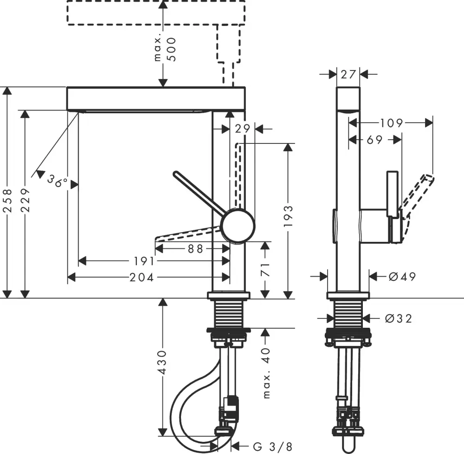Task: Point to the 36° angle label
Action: [58, 182]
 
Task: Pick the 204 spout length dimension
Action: [142, 278]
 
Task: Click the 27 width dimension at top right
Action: [348, 74]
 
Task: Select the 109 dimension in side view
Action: [391, 123]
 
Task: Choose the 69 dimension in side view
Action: [374, 139]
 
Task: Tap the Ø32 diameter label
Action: [399, 318]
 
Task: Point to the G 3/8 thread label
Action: [273, 447]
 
